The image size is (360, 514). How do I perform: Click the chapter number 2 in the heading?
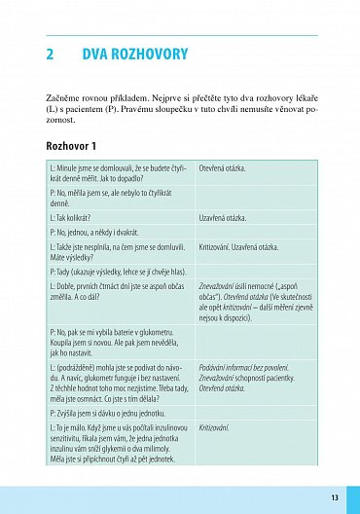tap(51, 55)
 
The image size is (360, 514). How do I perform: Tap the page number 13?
tap(334, 497)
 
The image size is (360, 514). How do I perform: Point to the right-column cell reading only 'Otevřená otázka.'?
tap(222, 167)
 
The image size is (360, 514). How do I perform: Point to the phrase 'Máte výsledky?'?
tap(71, 257)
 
